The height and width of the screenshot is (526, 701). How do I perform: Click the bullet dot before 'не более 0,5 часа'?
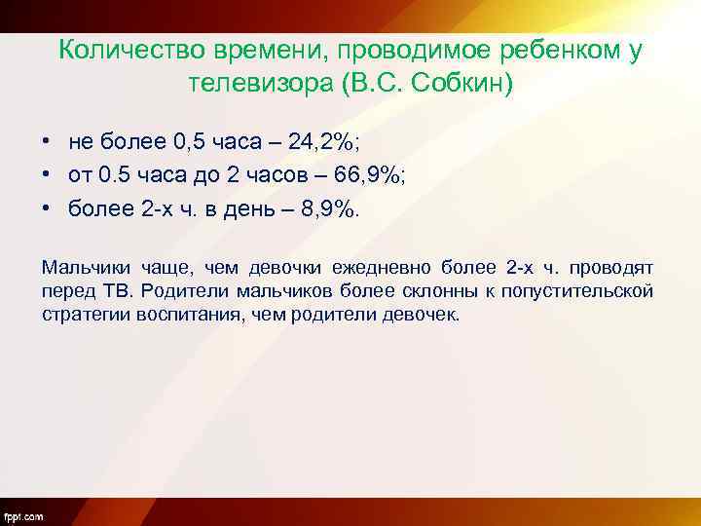(x=46, y=143)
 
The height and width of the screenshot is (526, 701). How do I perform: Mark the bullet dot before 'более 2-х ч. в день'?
(x=46, y=209)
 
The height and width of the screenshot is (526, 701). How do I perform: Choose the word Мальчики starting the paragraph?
(x=82, y=266)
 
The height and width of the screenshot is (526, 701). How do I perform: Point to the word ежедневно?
(x=383, y=266)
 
